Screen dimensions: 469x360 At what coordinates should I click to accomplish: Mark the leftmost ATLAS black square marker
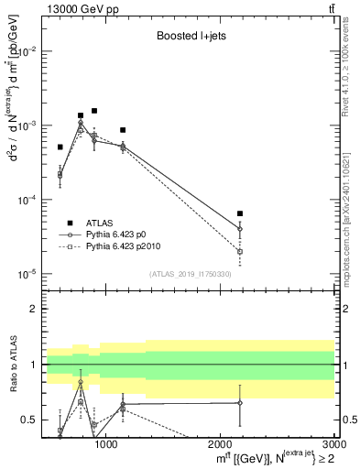coord(60,147)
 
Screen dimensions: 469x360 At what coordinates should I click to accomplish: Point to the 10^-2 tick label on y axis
coord(30,51)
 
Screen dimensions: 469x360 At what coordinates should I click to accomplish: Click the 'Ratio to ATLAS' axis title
coord(12,365)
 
